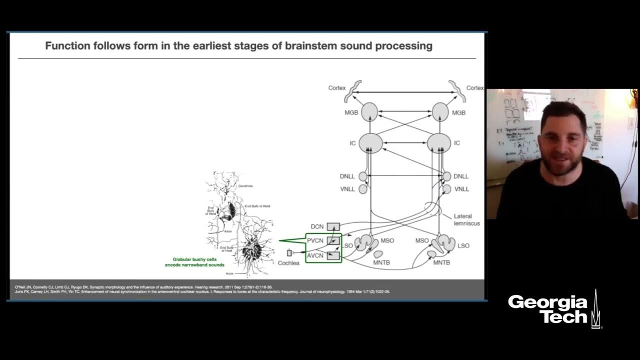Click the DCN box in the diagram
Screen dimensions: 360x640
pos(333,226)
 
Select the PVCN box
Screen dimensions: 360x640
pos(333,241)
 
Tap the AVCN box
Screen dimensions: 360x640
pos(333,256)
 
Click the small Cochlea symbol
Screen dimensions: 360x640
pos(289,253)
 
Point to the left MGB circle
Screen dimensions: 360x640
pos(369,112)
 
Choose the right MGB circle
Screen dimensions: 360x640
pos(440,112)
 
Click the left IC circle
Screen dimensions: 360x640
pos(370,143)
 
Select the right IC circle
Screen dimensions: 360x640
pos(439,143)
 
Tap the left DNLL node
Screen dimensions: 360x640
pos(363,176)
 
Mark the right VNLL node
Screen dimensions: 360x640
pos(447,189)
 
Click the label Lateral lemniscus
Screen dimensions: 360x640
pos(466,219)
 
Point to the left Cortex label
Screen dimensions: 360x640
pos(337,88)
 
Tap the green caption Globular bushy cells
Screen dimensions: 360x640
pos(195,259)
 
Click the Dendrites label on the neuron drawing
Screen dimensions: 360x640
pos(259,186)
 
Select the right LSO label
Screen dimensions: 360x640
pos(463,245)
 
